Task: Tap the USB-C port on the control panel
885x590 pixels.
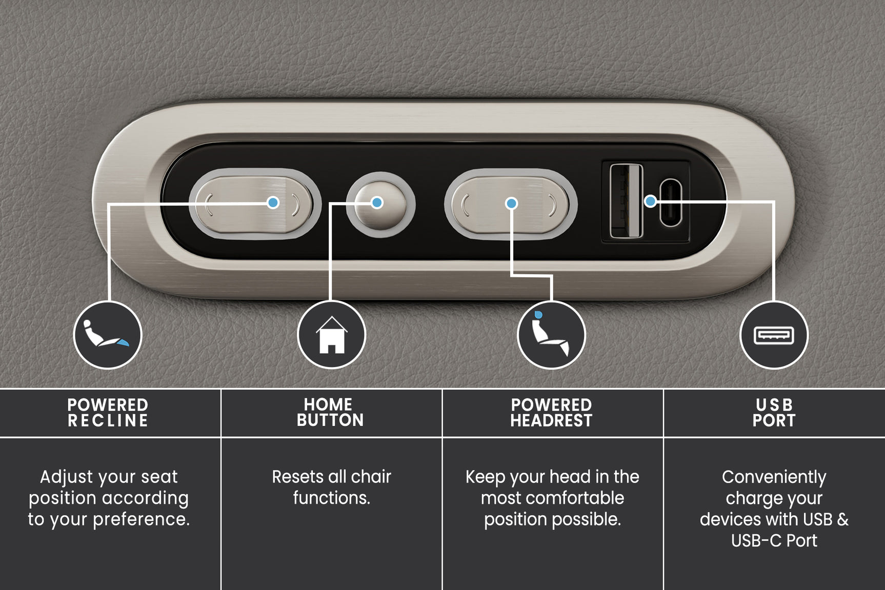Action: coord(671,202)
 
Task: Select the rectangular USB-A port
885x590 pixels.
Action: coord(626,200)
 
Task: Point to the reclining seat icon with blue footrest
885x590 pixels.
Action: coord(107,335)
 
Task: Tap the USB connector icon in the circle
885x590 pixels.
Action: coord(774,335)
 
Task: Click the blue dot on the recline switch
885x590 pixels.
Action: coord(273,202)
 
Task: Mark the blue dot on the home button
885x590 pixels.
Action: coord(377,202)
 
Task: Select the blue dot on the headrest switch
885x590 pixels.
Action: coord(511,204)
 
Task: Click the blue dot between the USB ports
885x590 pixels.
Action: coord(650,201)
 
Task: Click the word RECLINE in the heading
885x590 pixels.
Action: coord(108,421)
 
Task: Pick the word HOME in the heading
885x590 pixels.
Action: coord(328,404)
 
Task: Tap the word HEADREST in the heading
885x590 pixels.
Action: coord(551,421)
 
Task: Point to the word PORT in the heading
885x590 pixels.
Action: coord(774,421)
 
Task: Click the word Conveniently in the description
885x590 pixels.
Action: coord(774,478)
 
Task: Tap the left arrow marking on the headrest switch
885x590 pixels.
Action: coord(466,205)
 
